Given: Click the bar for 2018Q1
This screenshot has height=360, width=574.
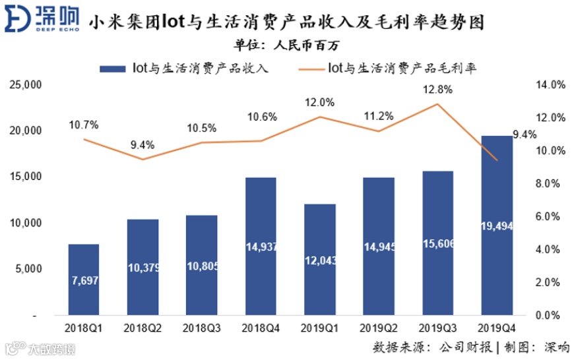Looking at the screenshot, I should tap(84, 280).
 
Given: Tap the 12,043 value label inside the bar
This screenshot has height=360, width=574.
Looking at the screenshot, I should tap(320, 260).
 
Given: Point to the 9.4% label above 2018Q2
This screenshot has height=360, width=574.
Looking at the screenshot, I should tap(143, 144).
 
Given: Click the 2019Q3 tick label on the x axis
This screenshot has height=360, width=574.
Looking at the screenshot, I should tap(437, 326).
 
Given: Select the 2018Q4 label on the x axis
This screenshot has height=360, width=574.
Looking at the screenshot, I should tap(261, 326).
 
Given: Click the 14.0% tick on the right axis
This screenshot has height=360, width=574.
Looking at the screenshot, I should tap(549, 85).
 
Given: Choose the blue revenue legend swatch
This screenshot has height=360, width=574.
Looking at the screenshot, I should tap(112, 68).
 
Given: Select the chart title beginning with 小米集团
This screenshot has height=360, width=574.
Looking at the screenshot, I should tap(286, 24).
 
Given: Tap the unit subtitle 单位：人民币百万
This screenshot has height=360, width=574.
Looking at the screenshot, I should tap(287, 45).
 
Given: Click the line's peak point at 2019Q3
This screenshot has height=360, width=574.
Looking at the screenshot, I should tap(437, 104).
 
